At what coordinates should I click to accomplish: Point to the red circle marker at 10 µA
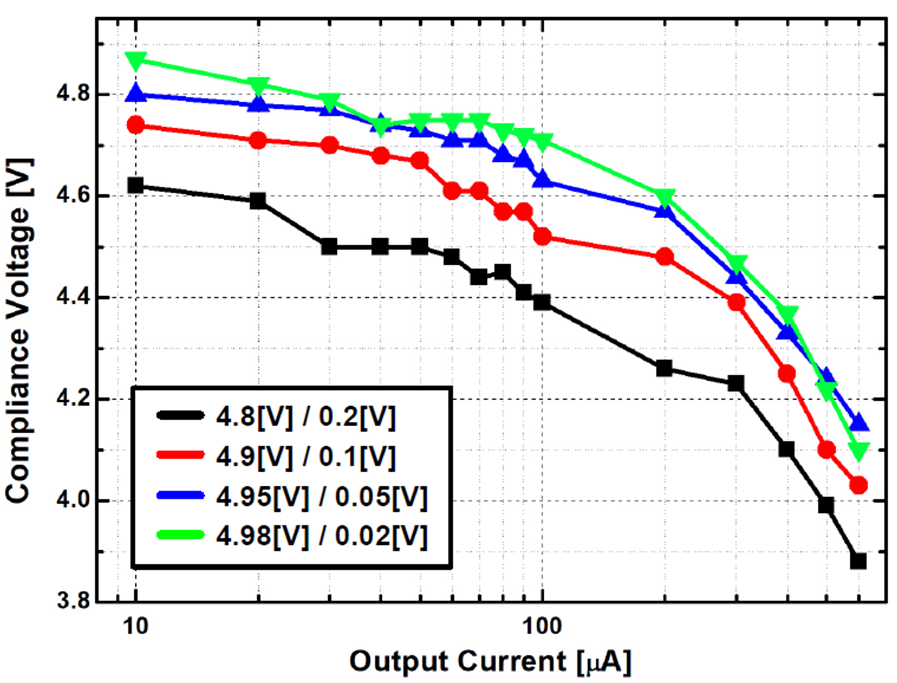(x=135, y=125)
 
